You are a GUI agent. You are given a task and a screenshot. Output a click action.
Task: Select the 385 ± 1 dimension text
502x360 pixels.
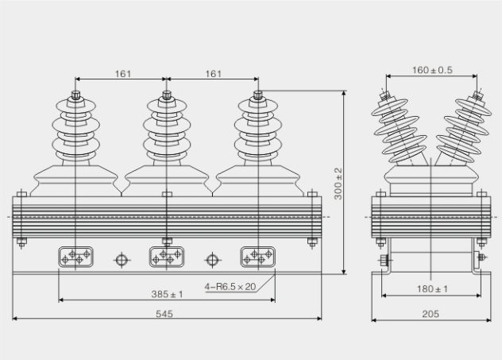coord(168,294)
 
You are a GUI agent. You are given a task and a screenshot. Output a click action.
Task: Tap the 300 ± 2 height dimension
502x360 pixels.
coord(338,183)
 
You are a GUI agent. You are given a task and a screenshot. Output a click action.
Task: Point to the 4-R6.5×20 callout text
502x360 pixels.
coord(230,286)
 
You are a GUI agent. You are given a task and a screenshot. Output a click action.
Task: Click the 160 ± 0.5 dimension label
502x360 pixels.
coord(431,70)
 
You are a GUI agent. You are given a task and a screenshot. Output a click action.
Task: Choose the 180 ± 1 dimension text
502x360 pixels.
coord(431,288)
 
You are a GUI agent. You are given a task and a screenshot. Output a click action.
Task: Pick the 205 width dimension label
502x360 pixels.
coord(431,314)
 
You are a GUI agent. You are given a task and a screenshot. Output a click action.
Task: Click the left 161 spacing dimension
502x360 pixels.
coord(122,74)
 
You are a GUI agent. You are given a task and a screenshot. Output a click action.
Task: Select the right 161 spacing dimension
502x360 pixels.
coord(213,74)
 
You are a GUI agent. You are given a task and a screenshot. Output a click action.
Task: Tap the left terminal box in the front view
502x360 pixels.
coord(76,257)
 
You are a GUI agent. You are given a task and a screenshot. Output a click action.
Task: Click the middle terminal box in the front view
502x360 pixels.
coord(167,257)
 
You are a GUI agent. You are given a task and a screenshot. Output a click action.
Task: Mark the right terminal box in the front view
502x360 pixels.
coord(258,257)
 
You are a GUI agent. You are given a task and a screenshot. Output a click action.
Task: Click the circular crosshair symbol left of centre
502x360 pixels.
coord(122,259)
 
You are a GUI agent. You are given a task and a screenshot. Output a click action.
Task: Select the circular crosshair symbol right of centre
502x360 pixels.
coord(212,259)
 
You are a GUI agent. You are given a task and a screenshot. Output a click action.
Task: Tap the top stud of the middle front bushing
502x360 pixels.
coord(167,97)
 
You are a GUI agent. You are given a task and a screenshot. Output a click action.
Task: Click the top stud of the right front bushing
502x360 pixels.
coord(258,97)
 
